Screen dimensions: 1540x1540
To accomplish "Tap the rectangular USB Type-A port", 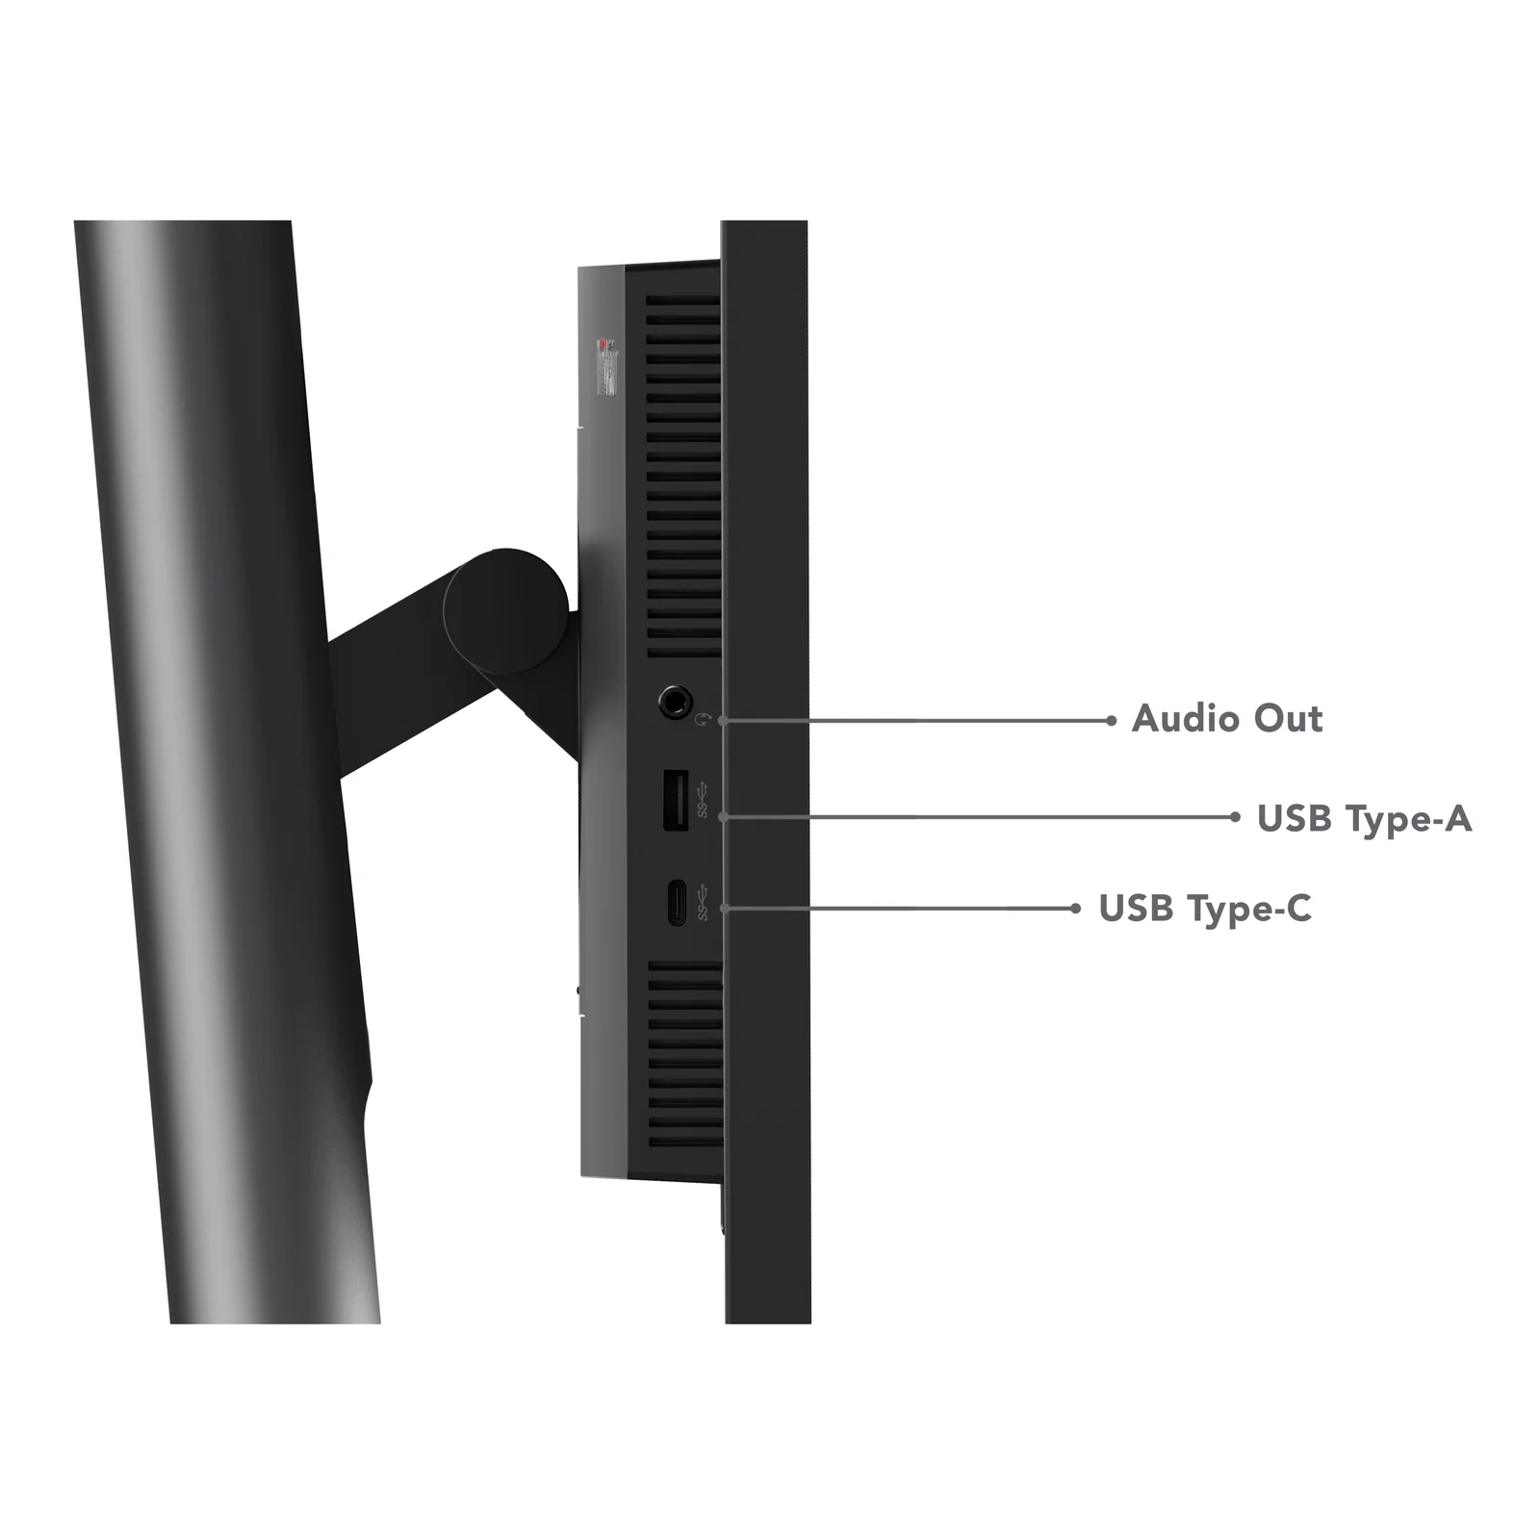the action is coord(676,799).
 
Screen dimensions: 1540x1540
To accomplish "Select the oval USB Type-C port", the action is coord(677,903).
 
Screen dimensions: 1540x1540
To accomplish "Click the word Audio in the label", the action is coord(1186,719).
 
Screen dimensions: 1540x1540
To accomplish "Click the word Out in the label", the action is coord(1289,719).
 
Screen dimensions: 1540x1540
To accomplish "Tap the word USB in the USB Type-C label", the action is coord(1136,908).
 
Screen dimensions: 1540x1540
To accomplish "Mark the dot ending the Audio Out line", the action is coord(1112,720).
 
